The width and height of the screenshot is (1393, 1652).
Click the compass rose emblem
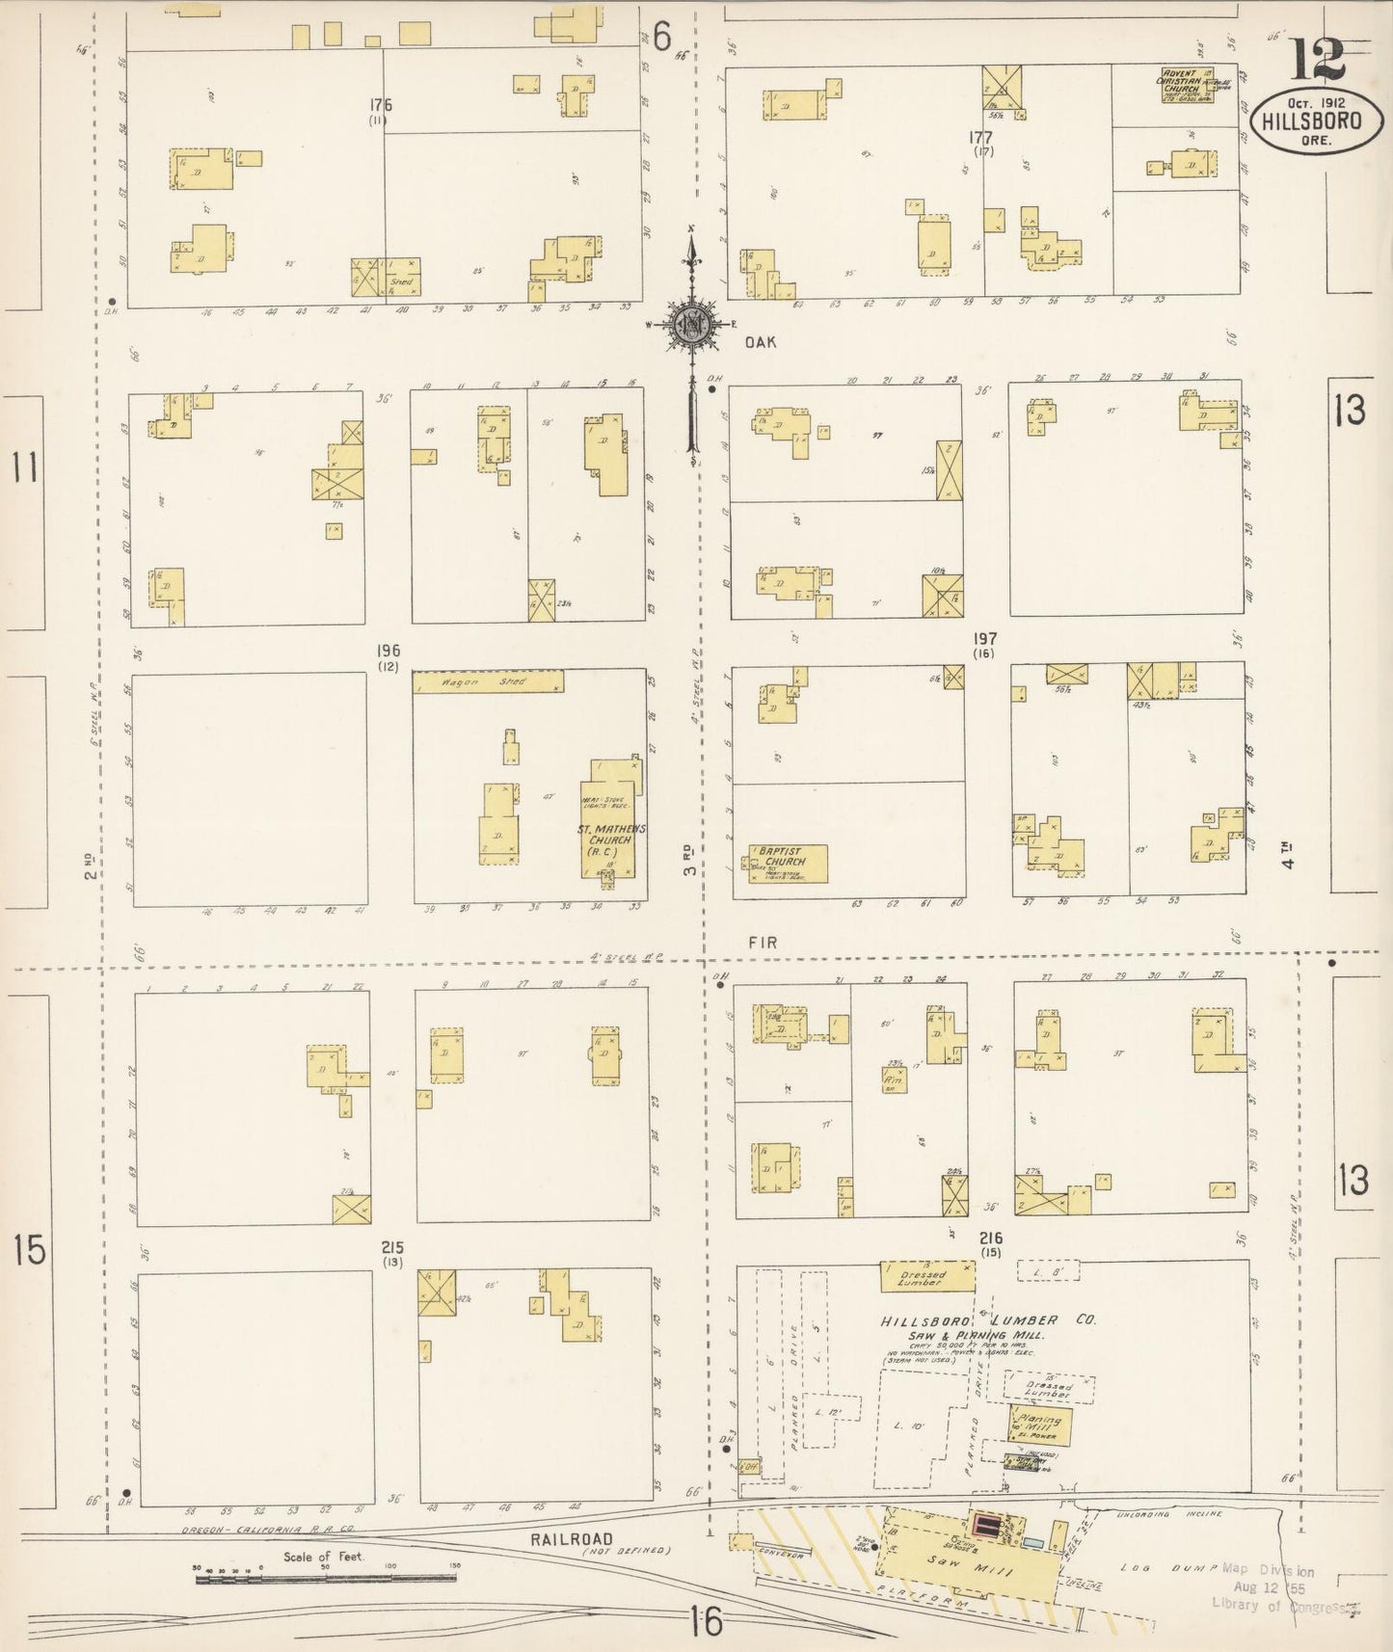(x=691, y=326)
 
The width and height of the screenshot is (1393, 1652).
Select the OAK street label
(x=760, y=342)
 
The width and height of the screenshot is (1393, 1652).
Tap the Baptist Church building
(x=789, y=864)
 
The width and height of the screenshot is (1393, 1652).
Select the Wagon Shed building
(x=488, y=682)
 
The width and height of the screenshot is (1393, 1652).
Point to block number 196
(x=388, y=652)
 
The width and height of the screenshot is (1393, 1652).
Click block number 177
(x=981, y=138)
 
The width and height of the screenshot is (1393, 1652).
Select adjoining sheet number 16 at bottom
(x=707, y=1622)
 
